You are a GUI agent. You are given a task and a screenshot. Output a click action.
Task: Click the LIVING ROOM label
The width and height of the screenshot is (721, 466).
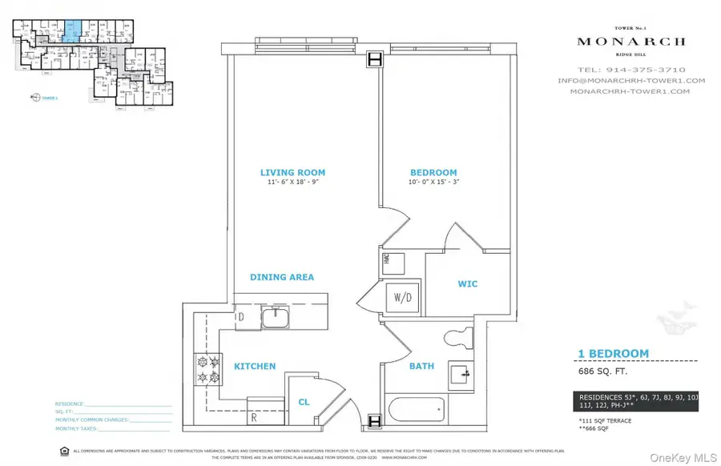(292, 172)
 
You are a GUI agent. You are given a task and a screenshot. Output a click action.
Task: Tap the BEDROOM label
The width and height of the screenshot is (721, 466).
(433, 172)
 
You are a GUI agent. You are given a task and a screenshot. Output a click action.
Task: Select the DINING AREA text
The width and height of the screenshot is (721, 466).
(281, 277)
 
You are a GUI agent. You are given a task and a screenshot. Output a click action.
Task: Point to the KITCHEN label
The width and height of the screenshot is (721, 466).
(255, 367)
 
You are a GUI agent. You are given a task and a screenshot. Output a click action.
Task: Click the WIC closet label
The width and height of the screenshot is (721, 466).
(468, 283)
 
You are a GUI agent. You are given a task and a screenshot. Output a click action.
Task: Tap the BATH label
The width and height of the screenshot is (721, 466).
(422, 367)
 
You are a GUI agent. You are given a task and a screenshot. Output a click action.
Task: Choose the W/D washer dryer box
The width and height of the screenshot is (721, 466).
(401, 297)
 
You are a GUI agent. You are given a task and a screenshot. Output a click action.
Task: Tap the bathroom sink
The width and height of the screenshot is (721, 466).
(458, 373)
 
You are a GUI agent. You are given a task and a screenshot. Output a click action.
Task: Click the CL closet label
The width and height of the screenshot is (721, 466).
(304, 403)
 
